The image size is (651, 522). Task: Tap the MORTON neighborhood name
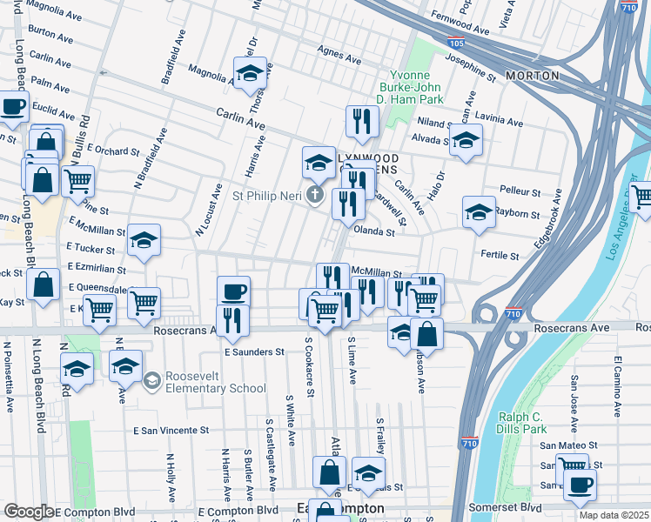click(531, 76)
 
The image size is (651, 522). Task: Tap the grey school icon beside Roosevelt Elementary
click(152, 380)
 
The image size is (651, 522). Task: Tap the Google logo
click(29, 511)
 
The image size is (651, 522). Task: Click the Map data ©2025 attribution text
click(614, 514)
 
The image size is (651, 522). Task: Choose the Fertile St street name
click(500, 257)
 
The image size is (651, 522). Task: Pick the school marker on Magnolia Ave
click(251, 73)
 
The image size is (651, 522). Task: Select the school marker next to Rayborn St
click(478, 211)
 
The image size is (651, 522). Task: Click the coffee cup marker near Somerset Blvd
click(579, 485)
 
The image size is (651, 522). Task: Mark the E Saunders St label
click(254, 352)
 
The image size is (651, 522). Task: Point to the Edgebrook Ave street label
click(551, 219)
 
